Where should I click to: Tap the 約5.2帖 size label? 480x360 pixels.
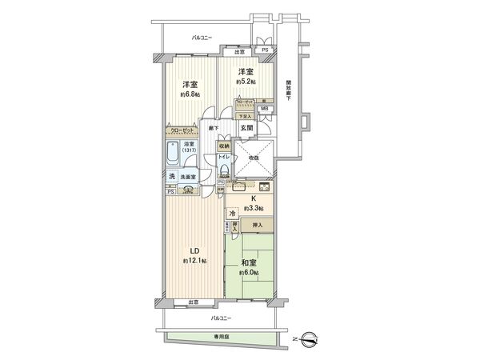click(x=246, y=82)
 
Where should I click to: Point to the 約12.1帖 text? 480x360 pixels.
click(x=194, y=262)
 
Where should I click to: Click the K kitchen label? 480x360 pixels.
click(x=252, y=198)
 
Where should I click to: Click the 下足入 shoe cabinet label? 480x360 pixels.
click(x=248, y=115)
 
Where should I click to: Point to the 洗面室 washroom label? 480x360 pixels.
click(x=187, y=177)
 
